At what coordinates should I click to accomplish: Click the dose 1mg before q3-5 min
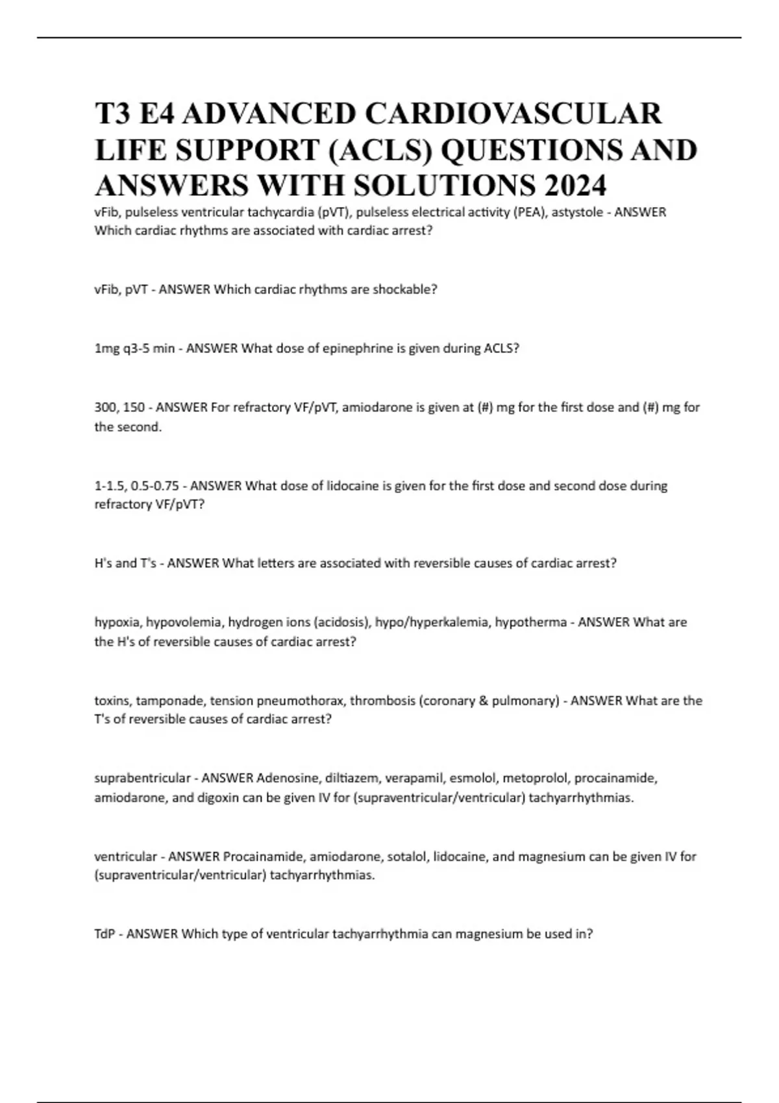[107, 348]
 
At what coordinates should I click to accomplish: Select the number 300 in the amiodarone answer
[105, 407]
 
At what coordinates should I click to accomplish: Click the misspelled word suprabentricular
[142, 778]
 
